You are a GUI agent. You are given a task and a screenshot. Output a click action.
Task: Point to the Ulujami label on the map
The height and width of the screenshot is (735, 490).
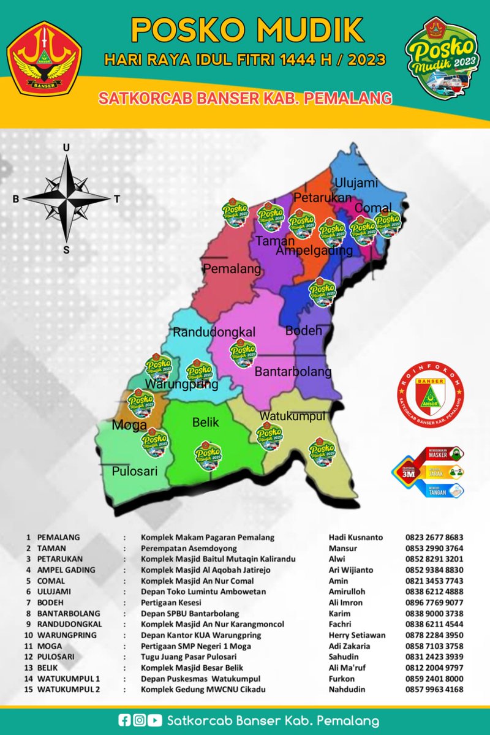coord(356,183)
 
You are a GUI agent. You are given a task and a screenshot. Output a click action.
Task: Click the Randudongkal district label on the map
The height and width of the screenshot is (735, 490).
coord(214,333)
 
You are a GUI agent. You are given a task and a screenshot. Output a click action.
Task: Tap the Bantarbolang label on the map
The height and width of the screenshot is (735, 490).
coord(293,372)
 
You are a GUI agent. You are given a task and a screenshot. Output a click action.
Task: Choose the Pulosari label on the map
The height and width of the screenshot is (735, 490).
coord(135,472)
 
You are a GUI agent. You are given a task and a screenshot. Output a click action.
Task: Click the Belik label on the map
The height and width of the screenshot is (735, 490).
coord(205,423)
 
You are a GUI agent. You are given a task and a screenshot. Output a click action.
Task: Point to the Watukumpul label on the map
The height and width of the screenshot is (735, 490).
coord(292,417)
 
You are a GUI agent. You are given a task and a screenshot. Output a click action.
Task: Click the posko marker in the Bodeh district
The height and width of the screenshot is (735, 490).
coord(322,289)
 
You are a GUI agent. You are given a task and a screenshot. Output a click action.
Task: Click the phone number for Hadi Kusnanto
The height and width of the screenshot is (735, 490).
coord(434,537)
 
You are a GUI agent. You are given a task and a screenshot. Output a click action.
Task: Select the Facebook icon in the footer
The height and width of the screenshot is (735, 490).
coord(125,721)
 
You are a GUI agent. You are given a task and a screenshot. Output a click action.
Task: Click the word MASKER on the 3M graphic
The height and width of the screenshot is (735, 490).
coord(443,454)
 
